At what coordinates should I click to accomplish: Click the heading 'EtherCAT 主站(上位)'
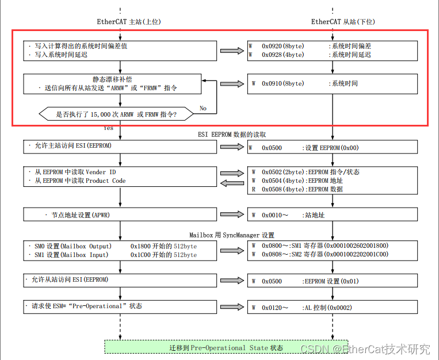click(128, 22)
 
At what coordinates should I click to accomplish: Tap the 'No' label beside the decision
click(203, 108)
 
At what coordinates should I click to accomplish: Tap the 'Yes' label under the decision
click(108, 128)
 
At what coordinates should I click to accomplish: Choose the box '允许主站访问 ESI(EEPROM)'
click(120, 146)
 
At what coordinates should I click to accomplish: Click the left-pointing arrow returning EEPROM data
click(232, 183)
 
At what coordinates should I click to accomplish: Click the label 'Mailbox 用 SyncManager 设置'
click(232, 235)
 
